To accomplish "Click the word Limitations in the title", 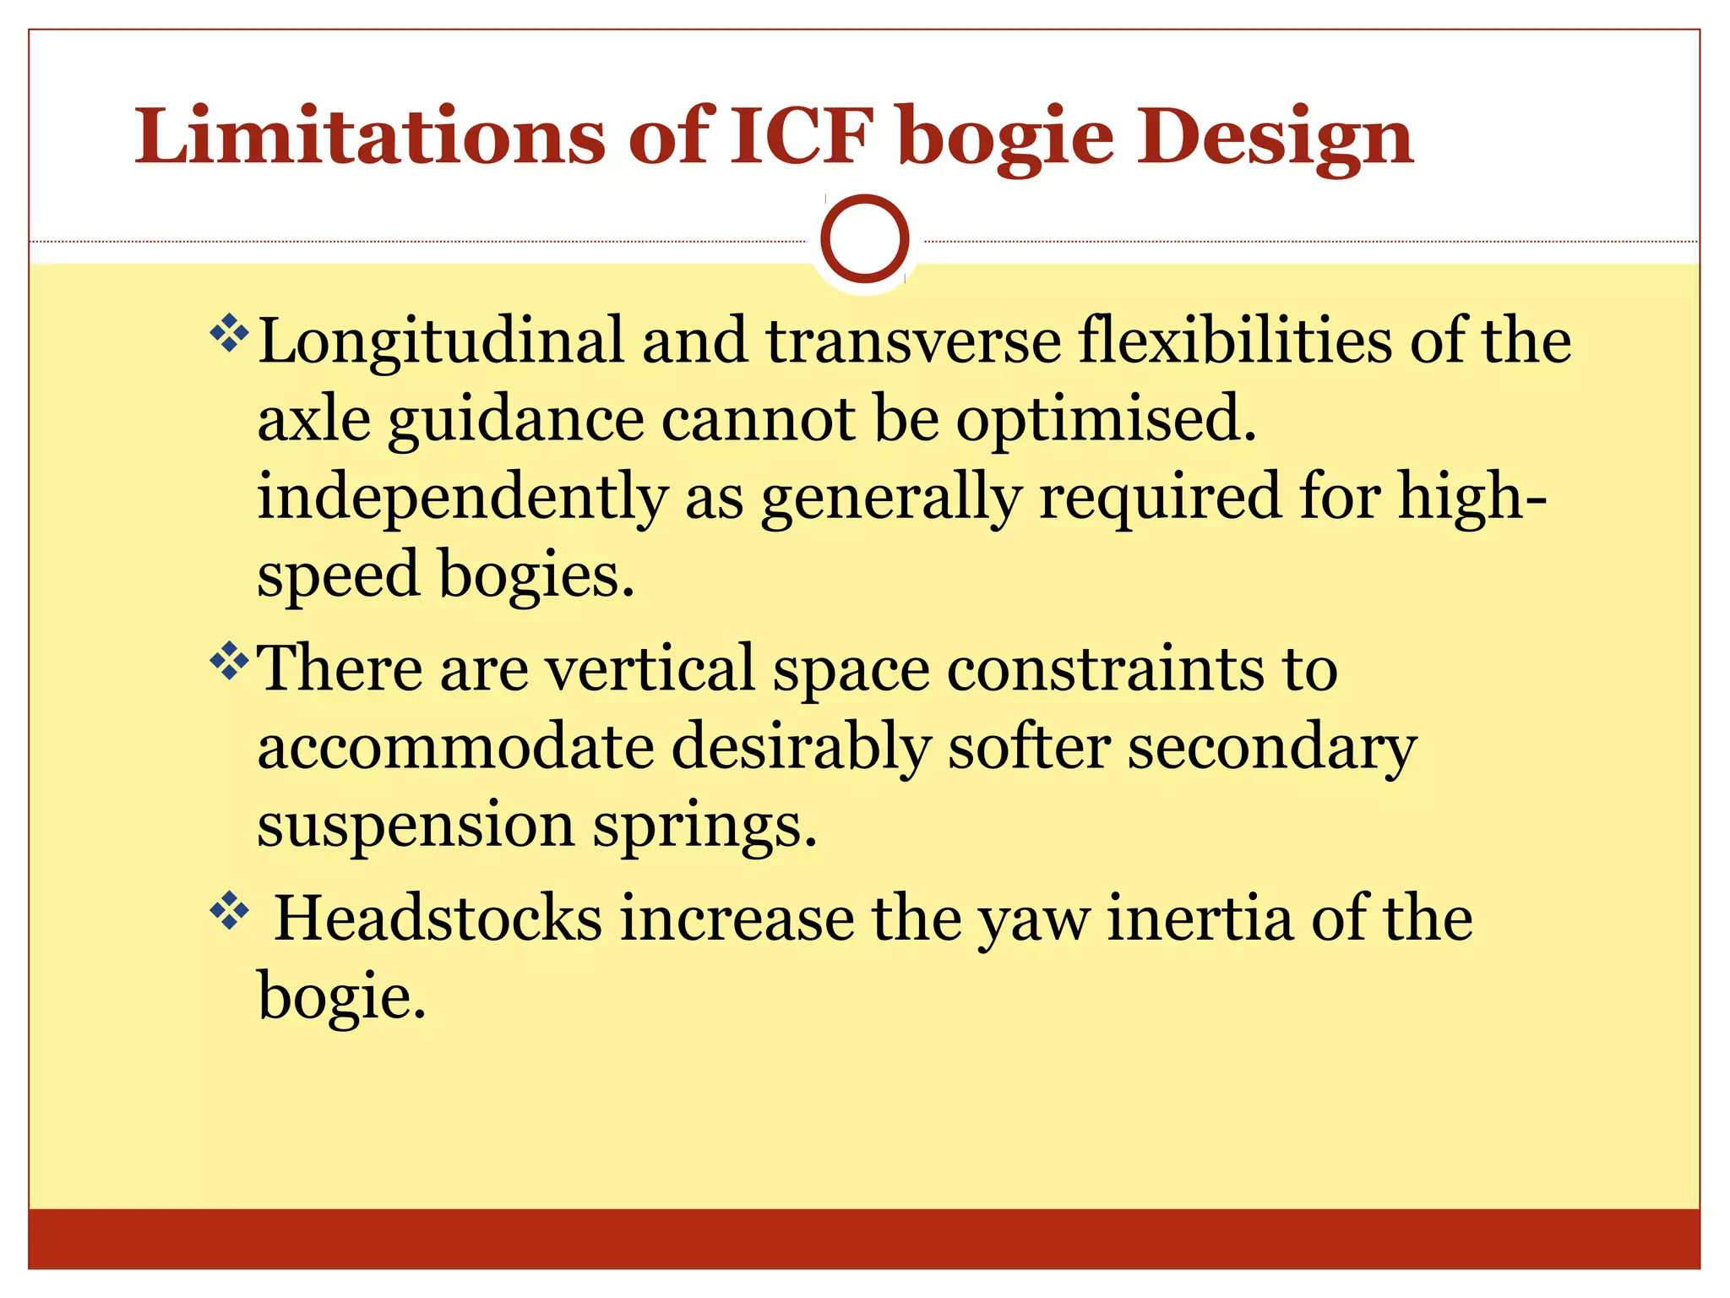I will click(370, 137).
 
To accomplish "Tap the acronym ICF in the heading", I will click(800, 137).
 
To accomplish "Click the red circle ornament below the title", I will click(864, 239).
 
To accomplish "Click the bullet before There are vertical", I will click(228, 661).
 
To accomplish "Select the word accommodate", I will click(455, 748).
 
